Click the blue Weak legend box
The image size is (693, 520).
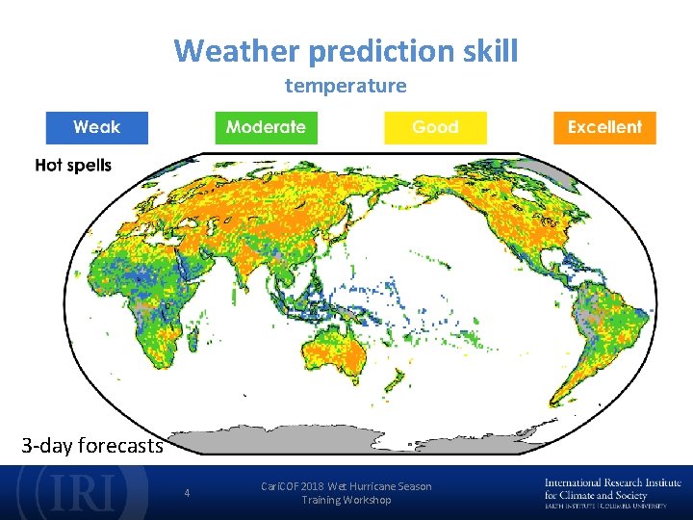97,128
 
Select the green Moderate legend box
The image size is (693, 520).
266,128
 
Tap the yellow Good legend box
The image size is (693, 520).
435,128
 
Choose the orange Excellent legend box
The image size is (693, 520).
604,128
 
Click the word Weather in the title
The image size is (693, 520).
237,50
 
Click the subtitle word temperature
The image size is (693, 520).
346,86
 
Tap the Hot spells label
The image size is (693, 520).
73,166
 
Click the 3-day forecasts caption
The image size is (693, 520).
92,445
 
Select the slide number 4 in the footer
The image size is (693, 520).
187,493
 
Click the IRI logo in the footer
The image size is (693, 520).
83,491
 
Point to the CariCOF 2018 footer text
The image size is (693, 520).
346,493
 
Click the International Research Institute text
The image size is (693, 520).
612,482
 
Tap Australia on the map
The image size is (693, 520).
335,352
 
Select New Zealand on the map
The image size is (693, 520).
394,380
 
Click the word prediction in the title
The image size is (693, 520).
381,51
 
